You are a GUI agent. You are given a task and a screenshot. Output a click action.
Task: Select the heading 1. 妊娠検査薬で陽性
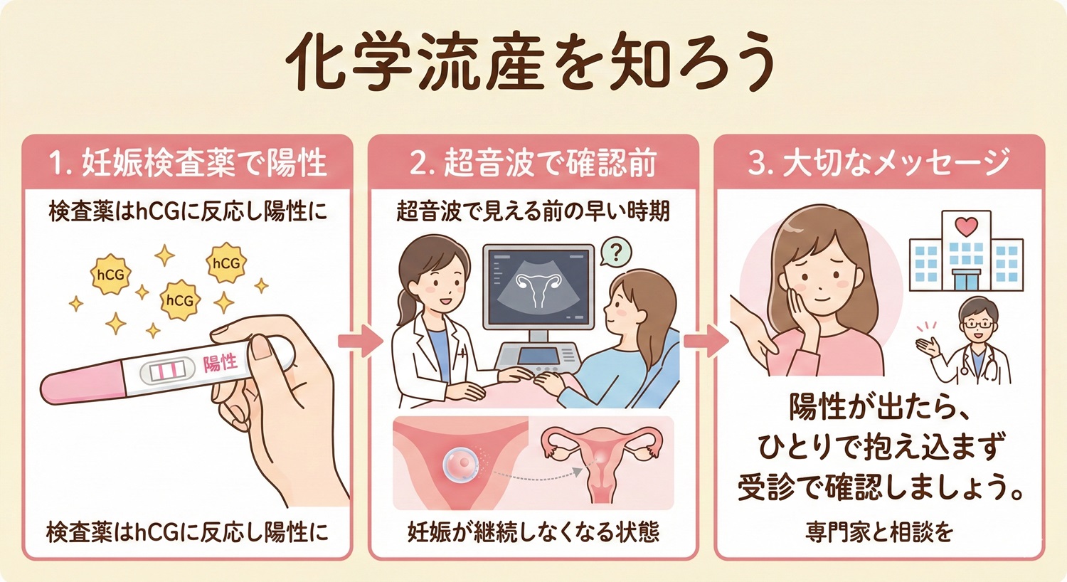click(x=188, y=163)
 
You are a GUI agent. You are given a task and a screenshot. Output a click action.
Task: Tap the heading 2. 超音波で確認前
click(x=533, y=163)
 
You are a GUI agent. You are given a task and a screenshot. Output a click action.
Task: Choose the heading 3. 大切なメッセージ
click(x=879, y=163)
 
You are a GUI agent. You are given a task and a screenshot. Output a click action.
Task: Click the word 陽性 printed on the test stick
click(x=220, y=364)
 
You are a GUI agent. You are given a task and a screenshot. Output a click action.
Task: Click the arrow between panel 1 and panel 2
click(x=360, y=341)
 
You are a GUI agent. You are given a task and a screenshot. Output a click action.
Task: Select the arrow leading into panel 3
click(x=706, y=341)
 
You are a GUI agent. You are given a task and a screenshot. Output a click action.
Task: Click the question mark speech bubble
click(x=616, y=252)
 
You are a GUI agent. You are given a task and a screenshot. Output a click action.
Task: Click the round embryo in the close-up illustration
click(x=458, y=465)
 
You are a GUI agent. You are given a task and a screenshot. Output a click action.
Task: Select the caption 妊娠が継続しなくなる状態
click(x=533, y=531)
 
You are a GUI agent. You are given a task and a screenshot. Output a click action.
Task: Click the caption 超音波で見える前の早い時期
click(x=533, y=211)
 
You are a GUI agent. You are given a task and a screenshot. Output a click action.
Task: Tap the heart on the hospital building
click(x=966, y=227)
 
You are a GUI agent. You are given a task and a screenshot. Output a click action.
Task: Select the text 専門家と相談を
click(x=879, y=531)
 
